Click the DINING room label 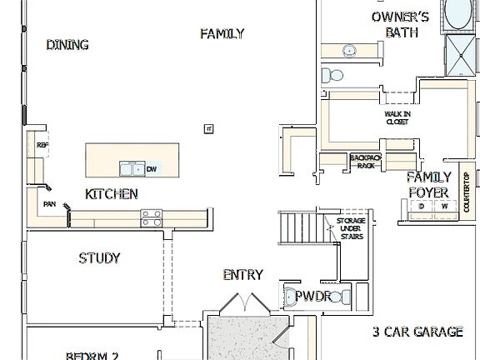[67, 45]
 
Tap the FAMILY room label [222, 33]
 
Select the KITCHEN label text [112, 194]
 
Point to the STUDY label [99, 257]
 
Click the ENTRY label [243, 274]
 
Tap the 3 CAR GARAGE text [417, 332]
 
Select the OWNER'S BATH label [401, 24]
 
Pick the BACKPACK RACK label [365, 161]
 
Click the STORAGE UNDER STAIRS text [350, 228]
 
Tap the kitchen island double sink [132, 169]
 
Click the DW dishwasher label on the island [152, 169]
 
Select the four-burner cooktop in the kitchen [152, 217]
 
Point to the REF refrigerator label [42, 145]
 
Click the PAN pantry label [49, 202]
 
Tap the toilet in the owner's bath [333, 76]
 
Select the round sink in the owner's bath [347, 51]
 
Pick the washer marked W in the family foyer [444, 206]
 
